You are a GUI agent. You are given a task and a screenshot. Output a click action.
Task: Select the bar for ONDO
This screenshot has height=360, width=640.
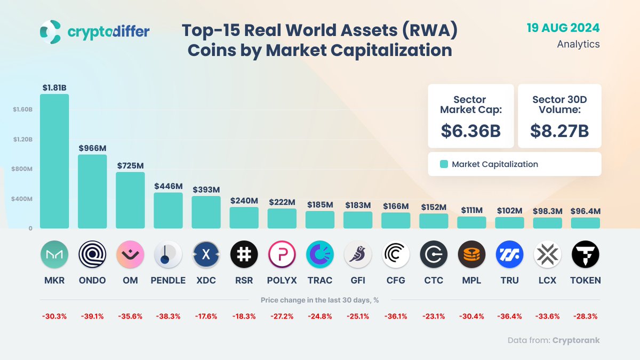[92, 191]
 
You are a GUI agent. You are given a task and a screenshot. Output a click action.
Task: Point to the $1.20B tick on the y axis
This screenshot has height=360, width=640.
[23, 139]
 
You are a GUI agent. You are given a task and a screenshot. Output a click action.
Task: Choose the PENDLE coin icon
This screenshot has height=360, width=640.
[168, 254]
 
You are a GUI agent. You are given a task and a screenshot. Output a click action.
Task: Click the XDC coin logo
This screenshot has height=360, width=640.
[206, 254]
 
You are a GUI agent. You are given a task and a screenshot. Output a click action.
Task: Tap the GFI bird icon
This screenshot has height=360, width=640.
[358, 254]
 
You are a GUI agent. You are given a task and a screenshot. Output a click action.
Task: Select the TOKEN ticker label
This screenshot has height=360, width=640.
[585, 281]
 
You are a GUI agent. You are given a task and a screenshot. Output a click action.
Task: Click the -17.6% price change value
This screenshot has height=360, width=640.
[206, 316]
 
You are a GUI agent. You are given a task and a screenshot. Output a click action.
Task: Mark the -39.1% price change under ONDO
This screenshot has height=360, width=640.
[92, 316]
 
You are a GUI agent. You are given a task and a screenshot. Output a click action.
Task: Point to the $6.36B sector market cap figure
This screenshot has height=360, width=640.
[470, 131]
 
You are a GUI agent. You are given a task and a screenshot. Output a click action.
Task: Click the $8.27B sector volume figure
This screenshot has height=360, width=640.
[559, 131]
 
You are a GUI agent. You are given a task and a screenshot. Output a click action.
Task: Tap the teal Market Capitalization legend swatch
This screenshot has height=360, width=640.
[444, 164]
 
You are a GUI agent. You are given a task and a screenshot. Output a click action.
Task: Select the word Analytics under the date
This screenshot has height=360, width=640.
[578, 44]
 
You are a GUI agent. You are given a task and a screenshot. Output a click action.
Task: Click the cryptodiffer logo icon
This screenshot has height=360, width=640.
[51, 32]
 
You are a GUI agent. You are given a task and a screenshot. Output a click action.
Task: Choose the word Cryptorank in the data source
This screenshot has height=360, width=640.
[576, 340]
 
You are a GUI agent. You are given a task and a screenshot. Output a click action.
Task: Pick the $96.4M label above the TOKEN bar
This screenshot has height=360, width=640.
[585, 211]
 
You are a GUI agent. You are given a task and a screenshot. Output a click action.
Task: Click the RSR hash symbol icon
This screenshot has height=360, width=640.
[244, 254]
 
